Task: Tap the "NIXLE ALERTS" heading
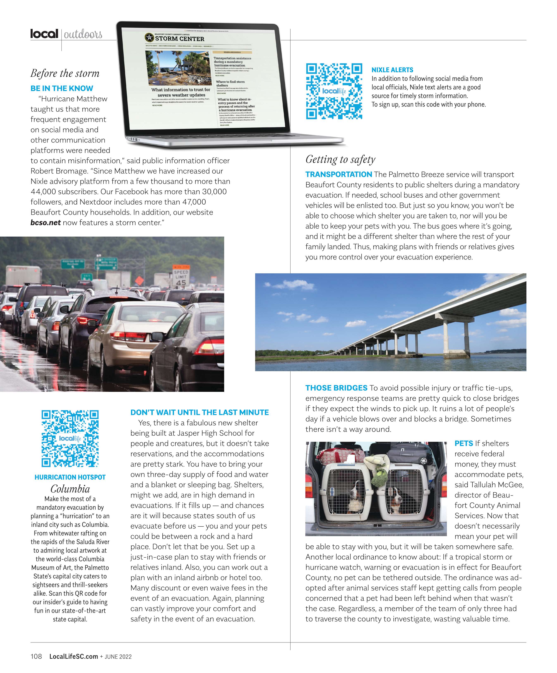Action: click(392, 70)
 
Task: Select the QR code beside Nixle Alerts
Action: click(334, 91)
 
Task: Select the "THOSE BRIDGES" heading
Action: click(336, 388)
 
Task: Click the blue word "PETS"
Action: click(463, 443)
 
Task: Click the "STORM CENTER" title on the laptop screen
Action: click(180, 39)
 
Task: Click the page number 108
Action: click(36, 656)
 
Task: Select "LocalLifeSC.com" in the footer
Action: click(73, 656)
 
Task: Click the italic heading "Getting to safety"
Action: click(340, 159)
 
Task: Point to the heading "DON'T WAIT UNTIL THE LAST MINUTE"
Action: click(199, 412)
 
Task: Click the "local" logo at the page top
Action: click(44, 34)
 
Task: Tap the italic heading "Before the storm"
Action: click(65, 73)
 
